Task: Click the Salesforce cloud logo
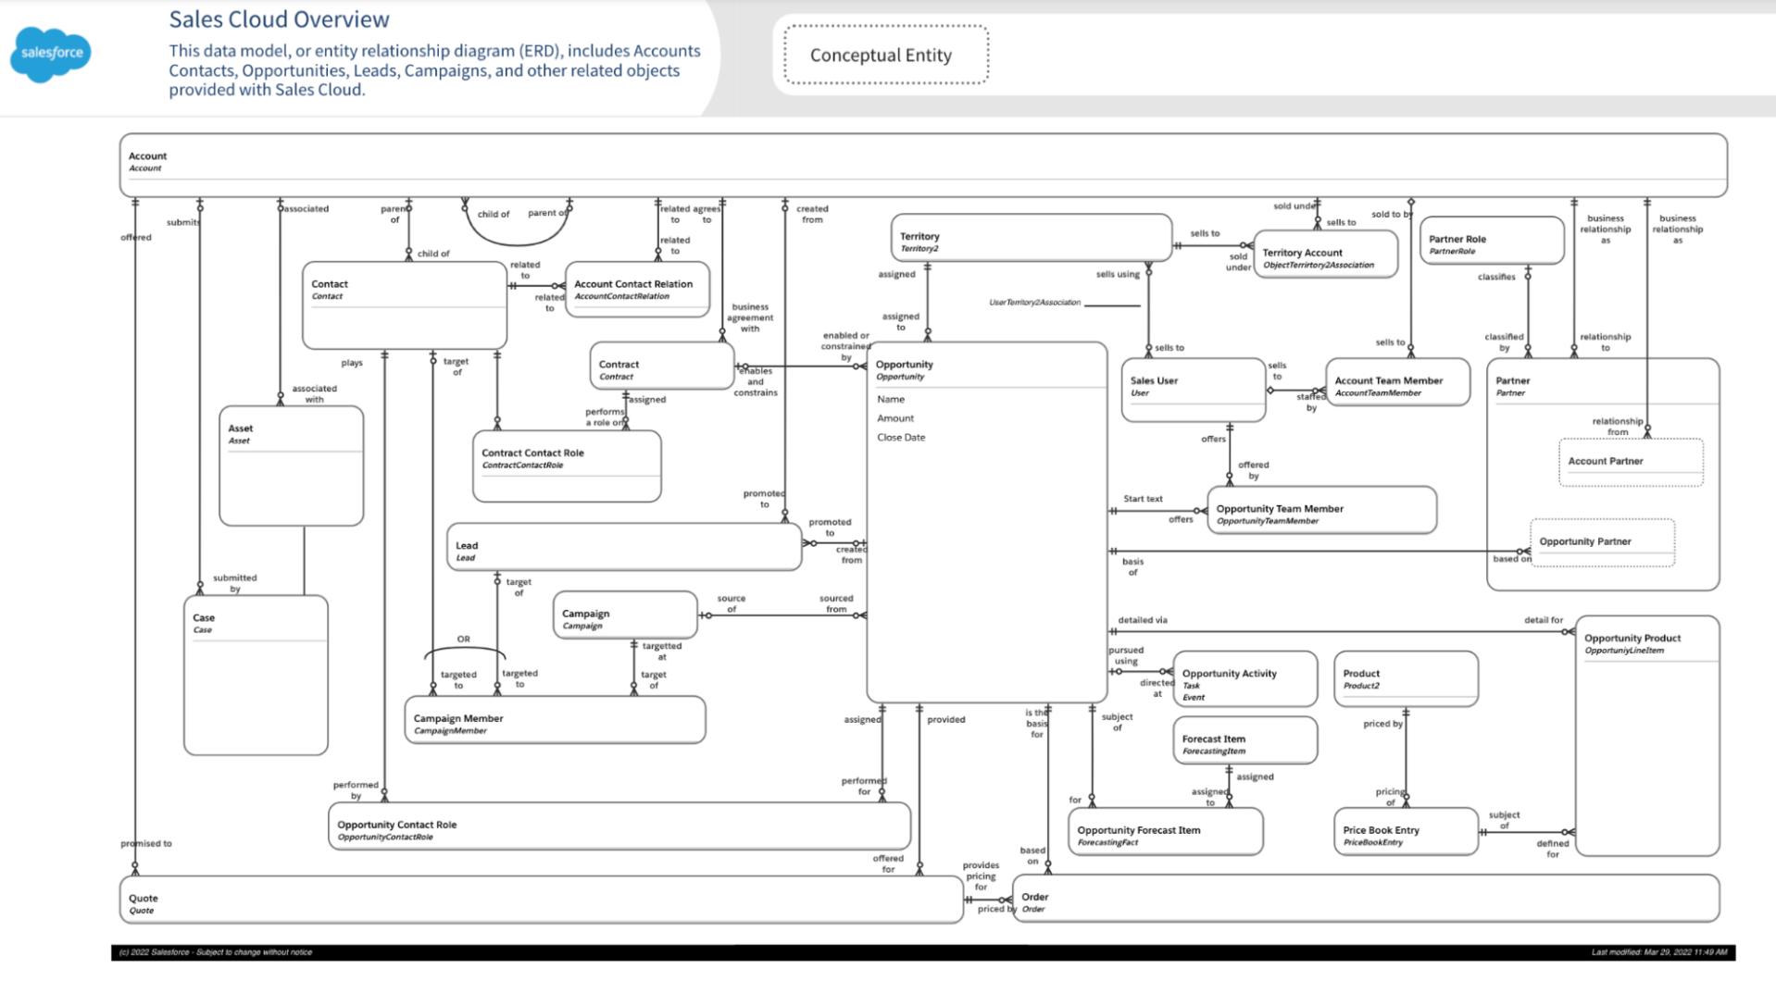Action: pos(51,54)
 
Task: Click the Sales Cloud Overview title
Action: pos(279,19)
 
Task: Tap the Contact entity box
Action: pos(404,304)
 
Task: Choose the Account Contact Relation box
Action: pos(637,290)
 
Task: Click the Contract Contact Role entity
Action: pos(566,466)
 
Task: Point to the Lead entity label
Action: pos(467,546)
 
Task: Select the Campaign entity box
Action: pos(625,615)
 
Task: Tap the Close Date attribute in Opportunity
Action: pos(901,438)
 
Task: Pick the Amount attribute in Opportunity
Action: pos(894,418)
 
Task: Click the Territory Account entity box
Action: pos(1325,256)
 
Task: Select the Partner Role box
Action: pos(1491,241)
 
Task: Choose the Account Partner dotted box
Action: pos(1630,462)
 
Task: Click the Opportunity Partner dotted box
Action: pos(1602,542)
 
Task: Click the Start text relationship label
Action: pos(1143,499)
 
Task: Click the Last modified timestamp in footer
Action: pos(1658,952)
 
